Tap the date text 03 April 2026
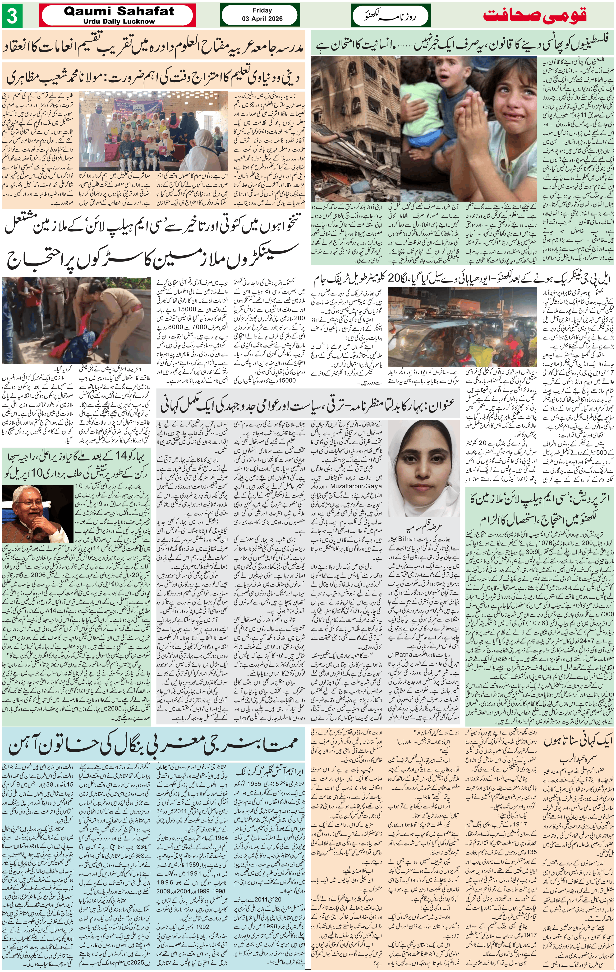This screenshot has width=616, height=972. pyautogui.click(x=262, y=19)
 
